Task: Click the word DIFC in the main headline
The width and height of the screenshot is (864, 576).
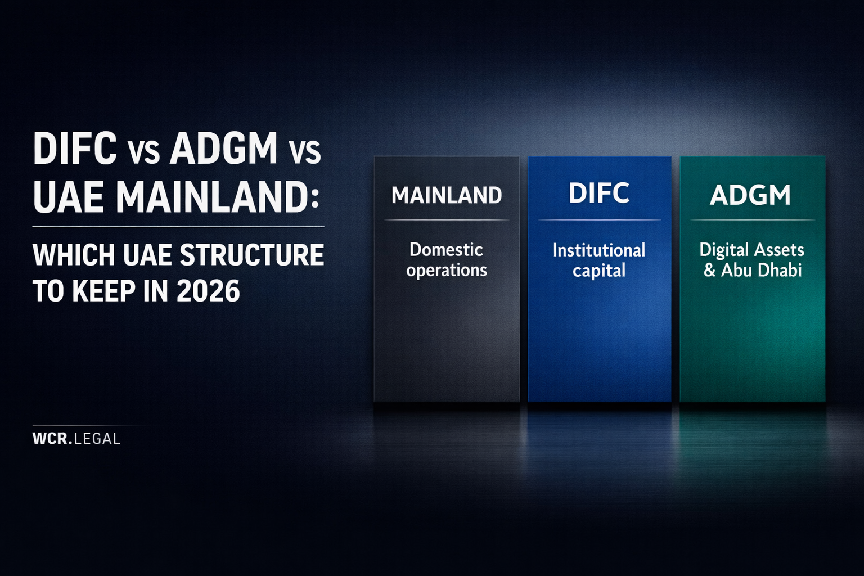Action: pos(75,148)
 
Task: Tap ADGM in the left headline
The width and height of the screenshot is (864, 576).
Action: pos(223,148)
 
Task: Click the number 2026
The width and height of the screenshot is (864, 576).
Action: pos(208,291)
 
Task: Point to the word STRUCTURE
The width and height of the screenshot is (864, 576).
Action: pos(251,255)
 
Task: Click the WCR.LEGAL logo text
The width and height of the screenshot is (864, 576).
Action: pos(76,439)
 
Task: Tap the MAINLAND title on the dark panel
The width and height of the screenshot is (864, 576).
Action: pos(447,196)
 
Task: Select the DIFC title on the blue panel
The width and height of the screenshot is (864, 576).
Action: pos(599,193)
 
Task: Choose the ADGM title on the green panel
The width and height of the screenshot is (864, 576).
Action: pos(750,196)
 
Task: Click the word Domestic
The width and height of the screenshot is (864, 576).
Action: pos(446,249)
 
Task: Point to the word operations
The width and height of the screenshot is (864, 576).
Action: pos(447,271)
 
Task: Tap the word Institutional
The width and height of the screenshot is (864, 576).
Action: pos(599,250)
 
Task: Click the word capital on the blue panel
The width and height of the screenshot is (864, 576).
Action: pos(599,271)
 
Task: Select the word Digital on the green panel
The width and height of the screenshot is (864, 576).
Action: pos(724,250)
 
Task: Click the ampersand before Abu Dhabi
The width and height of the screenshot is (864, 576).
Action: pos(709,271)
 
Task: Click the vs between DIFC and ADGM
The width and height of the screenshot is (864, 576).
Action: pos(143,152)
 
